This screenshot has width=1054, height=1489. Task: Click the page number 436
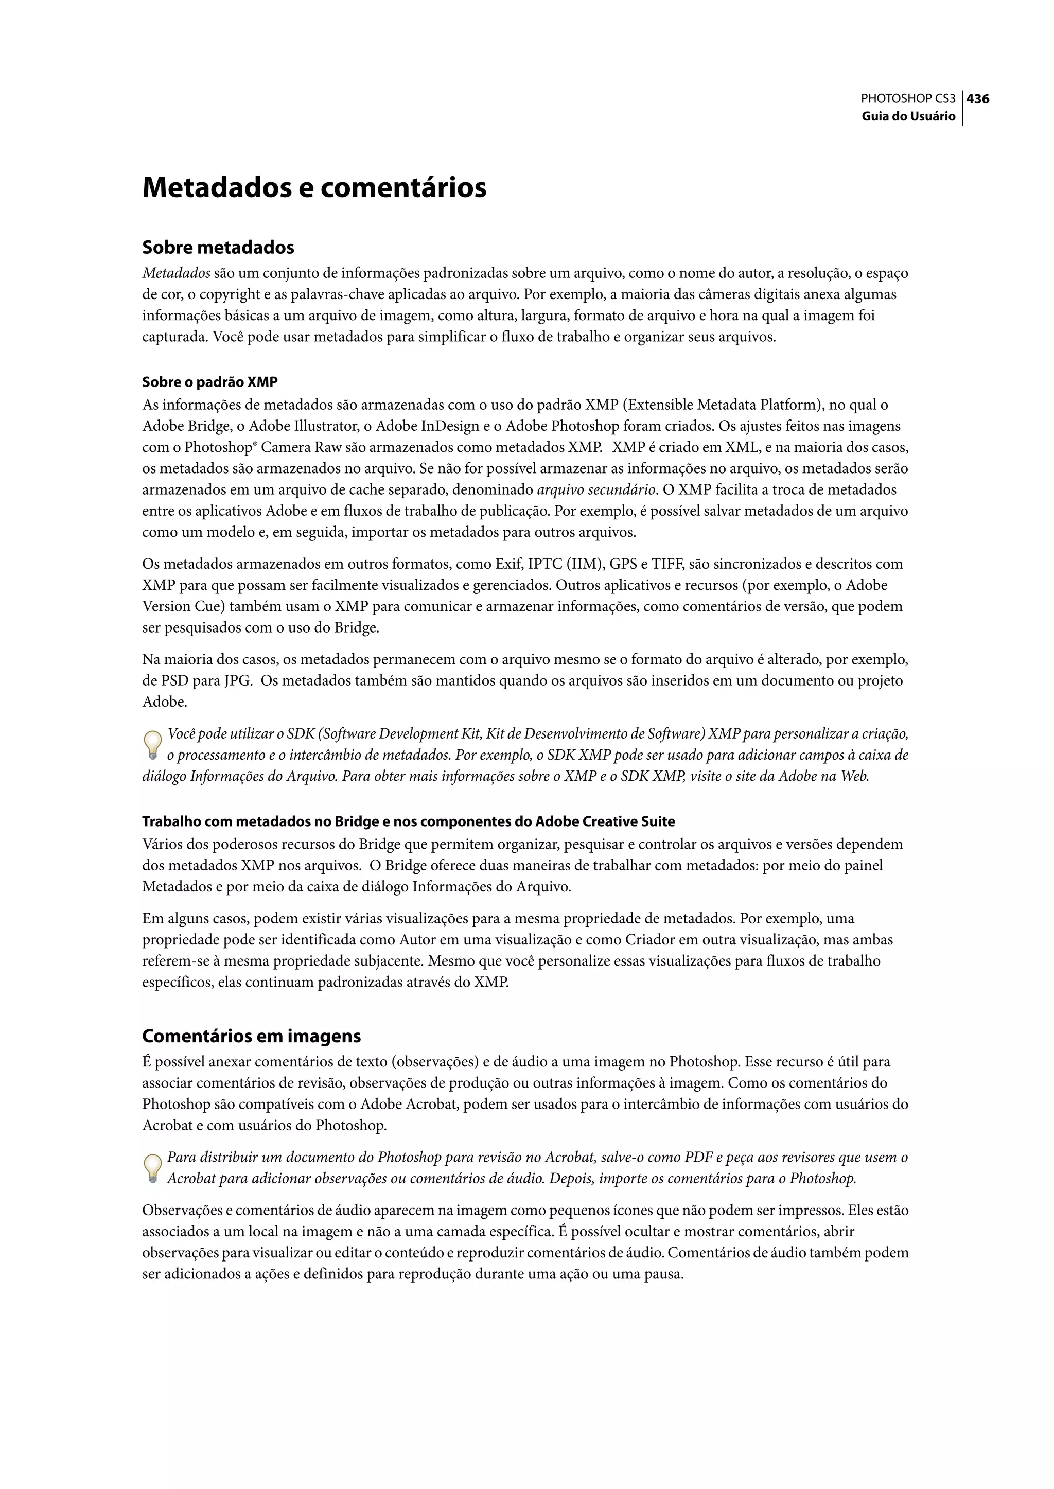point(977,99)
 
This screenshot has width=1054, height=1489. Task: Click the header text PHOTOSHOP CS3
point(907,99)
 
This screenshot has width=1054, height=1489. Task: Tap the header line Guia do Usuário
point(908,117)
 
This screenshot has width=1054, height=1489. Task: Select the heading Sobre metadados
point(218,247)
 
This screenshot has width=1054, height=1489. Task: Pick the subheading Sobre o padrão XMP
point(209,382)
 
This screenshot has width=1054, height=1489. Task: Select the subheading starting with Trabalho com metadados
point(408,822)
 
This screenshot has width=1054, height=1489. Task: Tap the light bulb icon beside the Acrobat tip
point(152,1168)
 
